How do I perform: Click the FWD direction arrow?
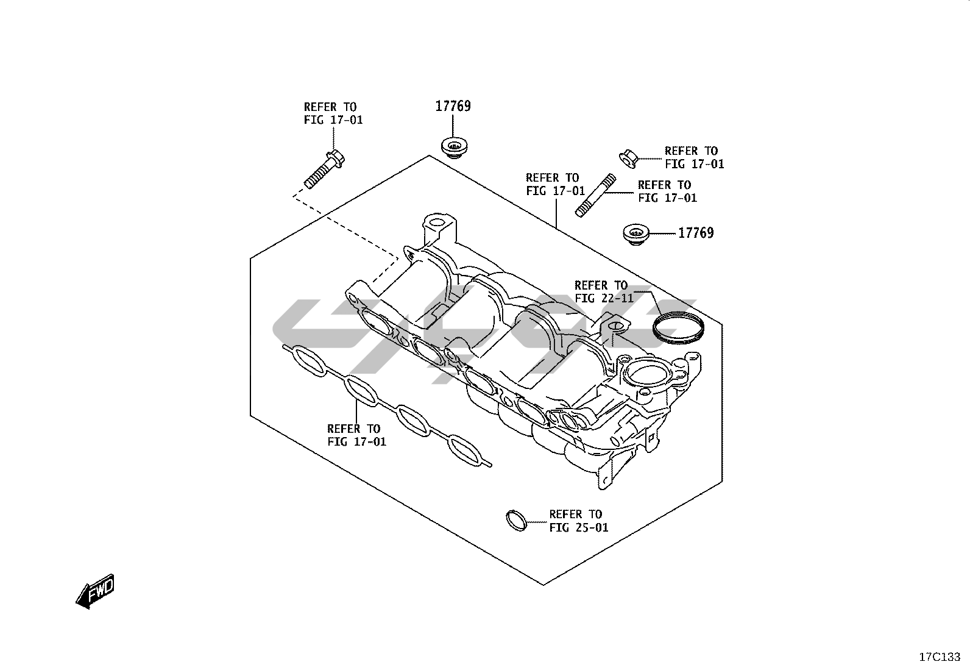95,591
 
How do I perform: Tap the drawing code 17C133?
939,657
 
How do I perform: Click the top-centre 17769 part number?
453,106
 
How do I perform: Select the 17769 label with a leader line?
696,233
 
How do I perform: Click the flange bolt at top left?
324,169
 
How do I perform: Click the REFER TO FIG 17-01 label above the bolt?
333,113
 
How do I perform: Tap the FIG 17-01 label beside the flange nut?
694,157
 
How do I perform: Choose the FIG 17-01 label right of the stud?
667,191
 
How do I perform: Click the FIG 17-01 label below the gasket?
356,435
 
